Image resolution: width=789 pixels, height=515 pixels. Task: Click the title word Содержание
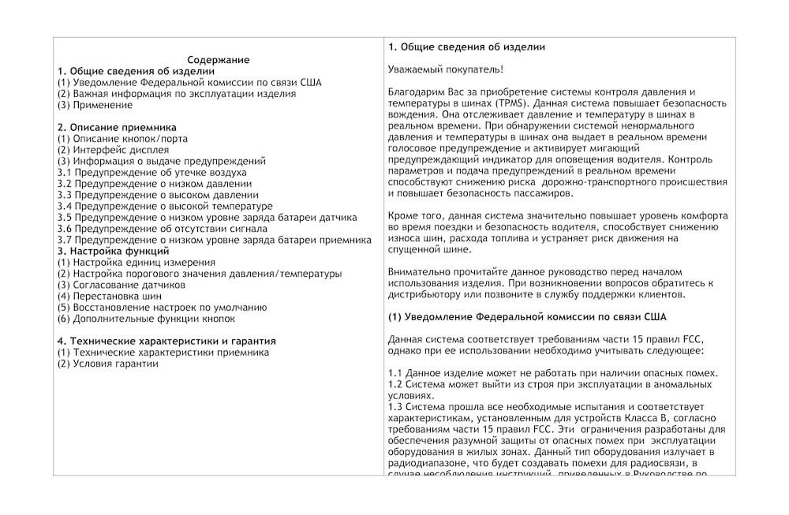[219, 60]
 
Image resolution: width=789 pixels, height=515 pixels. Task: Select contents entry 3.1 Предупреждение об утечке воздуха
[152, 172]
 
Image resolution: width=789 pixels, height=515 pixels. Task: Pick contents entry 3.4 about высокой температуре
[165, 206]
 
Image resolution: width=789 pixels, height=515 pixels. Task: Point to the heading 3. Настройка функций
[113, 251]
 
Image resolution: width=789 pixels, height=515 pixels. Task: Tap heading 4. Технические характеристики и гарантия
[166, 341]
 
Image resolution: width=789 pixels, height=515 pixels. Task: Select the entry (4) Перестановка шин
[110, 297]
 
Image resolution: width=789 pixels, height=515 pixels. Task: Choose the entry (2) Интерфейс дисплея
[113, 150]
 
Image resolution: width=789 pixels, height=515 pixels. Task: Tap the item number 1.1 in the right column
[396, 373]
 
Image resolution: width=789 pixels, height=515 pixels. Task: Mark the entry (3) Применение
[95, 105]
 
